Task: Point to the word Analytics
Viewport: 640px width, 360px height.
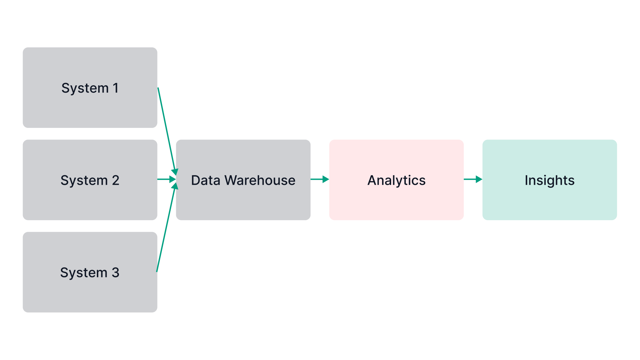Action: click(x=396, y=180)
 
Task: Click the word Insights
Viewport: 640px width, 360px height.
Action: click(x=549, y=180)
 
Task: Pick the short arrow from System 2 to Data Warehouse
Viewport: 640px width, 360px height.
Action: click(x=165, y=180)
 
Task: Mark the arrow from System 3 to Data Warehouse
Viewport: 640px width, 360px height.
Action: click(x=166, y=230)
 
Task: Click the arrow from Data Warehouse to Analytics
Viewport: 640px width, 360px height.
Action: click(x=318, y=180)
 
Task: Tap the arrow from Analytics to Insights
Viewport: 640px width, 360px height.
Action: click(x=471, y=180)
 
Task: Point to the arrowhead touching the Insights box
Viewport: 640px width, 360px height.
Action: click(x=479, y=180)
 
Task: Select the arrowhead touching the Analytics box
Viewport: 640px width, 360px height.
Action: click(x=326, y=180)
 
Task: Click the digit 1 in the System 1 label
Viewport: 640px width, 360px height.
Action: click(x=115, y=88)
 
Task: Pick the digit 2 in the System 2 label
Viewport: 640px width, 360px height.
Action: click(x=115, y=180)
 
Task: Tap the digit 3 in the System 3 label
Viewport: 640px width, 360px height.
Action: click(x=115, y=272)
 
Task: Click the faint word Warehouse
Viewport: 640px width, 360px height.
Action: click(x=260, y=180)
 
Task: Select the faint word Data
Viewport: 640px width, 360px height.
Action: click(x=205, y=180)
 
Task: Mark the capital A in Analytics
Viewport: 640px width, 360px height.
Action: click(x=372, y=180)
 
